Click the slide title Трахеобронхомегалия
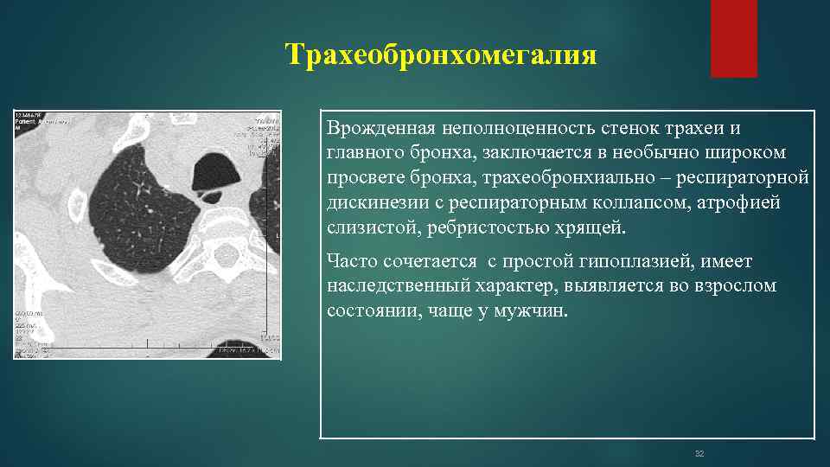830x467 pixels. (x=442, y=55)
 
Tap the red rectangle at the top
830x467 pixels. (x=733, y=38)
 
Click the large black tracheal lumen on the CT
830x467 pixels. (x=215, y=170)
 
